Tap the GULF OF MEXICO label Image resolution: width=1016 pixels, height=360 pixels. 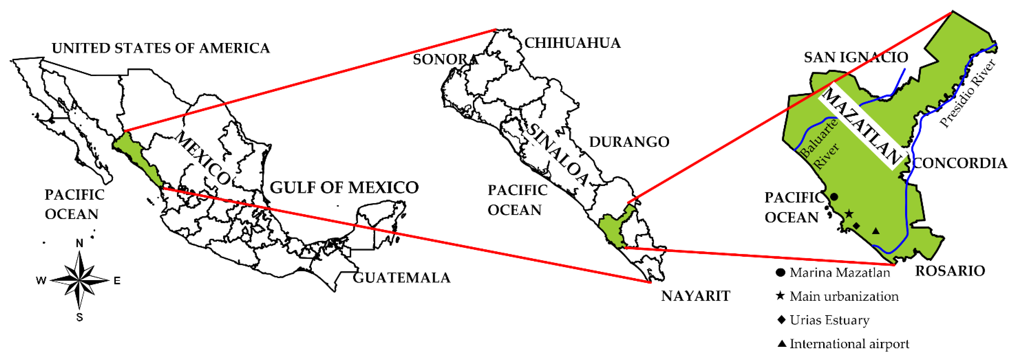click(344, 188)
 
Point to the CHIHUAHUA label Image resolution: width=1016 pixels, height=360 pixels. click(572, 43)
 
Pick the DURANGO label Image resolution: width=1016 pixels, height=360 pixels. click(629, 142)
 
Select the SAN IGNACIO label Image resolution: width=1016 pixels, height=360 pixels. click(856, 58)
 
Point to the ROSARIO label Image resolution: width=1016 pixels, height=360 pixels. click(950, 271)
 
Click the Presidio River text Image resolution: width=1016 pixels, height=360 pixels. click(969, 93)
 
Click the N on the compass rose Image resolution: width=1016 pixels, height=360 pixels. click(80, 243)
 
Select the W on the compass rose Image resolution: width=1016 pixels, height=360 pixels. click(41, 281)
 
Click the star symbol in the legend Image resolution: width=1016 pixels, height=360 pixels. click(780, 296)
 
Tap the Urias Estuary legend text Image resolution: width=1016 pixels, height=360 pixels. click(830, 320)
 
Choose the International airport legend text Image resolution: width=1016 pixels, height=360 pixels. click(849, 344)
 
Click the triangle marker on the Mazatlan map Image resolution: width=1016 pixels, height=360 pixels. click(876, 231)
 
